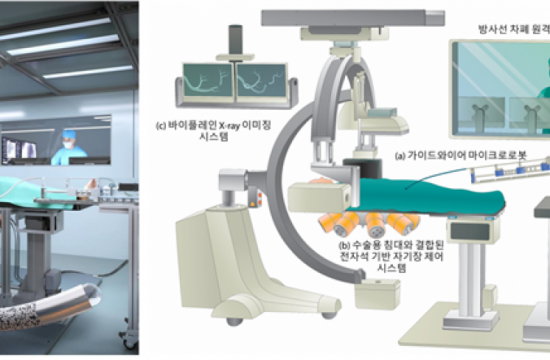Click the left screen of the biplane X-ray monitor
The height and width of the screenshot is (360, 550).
point(204,84)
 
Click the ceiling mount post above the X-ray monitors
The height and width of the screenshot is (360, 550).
point(237,39)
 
